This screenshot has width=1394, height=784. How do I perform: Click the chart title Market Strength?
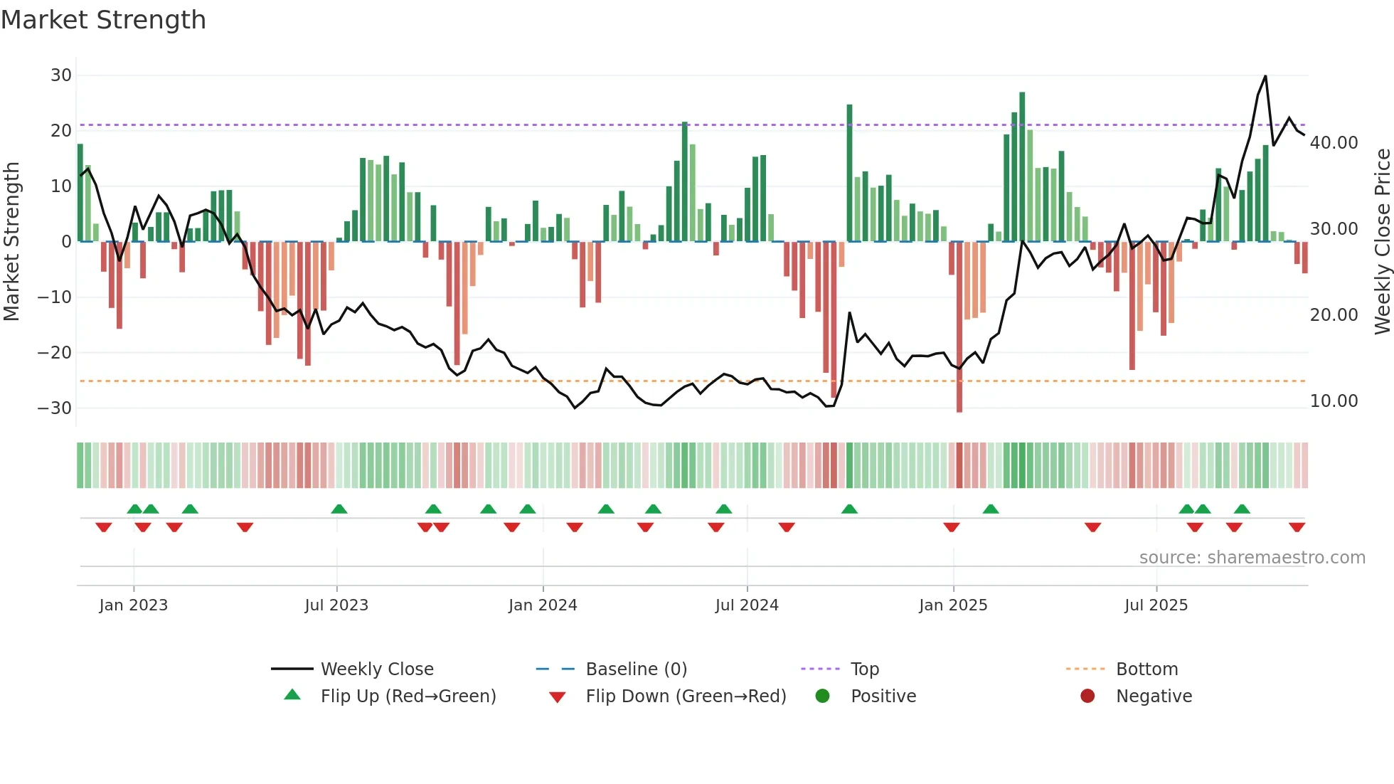103,20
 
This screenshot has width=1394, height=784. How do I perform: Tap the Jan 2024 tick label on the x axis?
543,605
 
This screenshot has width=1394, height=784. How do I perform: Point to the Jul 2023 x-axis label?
336,605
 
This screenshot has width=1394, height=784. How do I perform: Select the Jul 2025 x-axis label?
1156,605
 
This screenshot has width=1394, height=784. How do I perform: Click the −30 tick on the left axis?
55,408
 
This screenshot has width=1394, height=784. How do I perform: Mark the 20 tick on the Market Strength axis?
60,131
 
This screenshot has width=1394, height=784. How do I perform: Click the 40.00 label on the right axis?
1334,143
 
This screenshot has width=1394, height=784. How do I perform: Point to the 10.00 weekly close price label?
1334,401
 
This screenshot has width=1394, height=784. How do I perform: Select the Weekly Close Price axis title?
1382,242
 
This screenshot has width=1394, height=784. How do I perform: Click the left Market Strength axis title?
11,242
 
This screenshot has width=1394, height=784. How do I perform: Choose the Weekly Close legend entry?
377,669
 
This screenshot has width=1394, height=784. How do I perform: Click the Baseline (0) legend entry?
636,669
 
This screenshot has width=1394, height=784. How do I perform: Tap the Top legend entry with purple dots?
864,669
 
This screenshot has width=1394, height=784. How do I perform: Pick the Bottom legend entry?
1146,669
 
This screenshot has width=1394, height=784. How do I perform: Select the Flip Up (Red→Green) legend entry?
408,696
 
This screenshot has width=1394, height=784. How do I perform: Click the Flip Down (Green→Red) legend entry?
686,696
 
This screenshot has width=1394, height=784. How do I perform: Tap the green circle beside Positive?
823,696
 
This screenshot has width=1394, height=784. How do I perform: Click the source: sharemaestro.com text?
1252,558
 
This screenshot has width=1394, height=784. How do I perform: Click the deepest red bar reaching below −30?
959,327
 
